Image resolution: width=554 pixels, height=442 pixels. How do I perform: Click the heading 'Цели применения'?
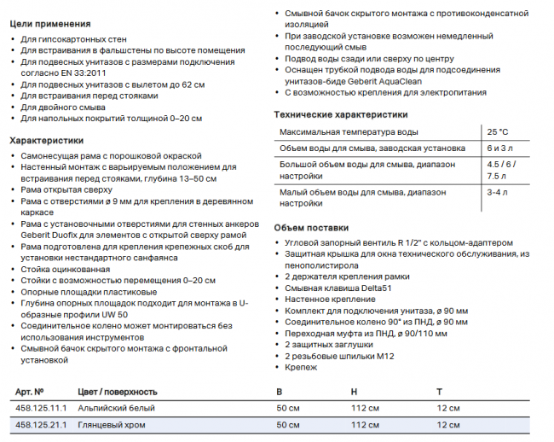[x=49, y=24]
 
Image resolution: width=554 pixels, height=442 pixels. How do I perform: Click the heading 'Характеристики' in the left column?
[x=46, y=140]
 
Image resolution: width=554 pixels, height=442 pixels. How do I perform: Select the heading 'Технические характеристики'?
[x=340, y=114]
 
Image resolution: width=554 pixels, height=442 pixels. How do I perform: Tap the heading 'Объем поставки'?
[x=311, y=228]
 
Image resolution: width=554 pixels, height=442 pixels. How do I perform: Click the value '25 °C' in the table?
[x=497, y=132]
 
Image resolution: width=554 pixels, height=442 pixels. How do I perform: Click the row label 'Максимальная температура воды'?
[x=349, y=132]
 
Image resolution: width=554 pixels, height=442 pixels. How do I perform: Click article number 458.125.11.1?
[x=39, y=408]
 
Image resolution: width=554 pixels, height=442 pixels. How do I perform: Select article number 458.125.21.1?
[x=39, y=425]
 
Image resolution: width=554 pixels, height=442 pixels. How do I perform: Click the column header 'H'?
[x=354, y=391]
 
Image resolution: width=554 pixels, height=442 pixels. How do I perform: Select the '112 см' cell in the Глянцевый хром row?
[x=365, y=425]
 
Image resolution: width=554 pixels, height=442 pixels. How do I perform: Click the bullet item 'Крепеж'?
[x=301, y=367]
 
